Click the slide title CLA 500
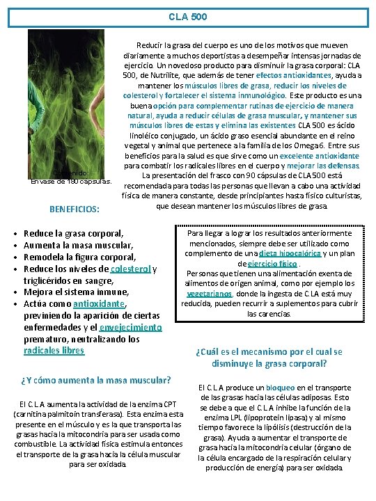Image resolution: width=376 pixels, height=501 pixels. [187, 14]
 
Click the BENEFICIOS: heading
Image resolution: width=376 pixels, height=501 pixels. [73, 208]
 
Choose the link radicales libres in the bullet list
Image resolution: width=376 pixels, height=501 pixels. [54, 351]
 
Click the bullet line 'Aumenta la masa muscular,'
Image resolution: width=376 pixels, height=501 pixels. [74, 246]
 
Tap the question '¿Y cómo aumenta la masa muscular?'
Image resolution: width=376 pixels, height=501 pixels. [96, 380]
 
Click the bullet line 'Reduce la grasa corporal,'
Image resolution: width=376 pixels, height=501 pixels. [74, 234]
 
